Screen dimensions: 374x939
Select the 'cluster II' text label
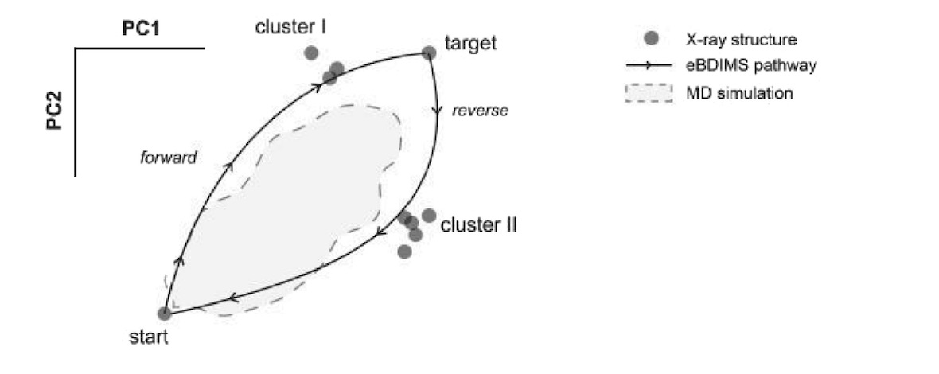coord(478,224)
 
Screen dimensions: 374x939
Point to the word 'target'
coord(469,42)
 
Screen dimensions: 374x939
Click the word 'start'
coord(148,337)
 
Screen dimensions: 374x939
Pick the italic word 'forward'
coord(169,158)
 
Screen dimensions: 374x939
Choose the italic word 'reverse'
coord(480,110)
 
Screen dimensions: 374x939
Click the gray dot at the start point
coord(165,314)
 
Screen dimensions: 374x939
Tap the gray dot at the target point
coord(429,53)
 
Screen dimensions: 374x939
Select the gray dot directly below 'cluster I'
coord(311,53)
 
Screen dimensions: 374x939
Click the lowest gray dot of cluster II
coord(404,251)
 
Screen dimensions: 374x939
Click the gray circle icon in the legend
coord(651,38)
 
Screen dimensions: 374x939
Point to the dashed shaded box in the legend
coord(650,93)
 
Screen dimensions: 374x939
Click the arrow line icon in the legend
coord(650,65)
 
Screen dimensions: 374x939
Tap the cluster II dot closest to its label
coord(429,215)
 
